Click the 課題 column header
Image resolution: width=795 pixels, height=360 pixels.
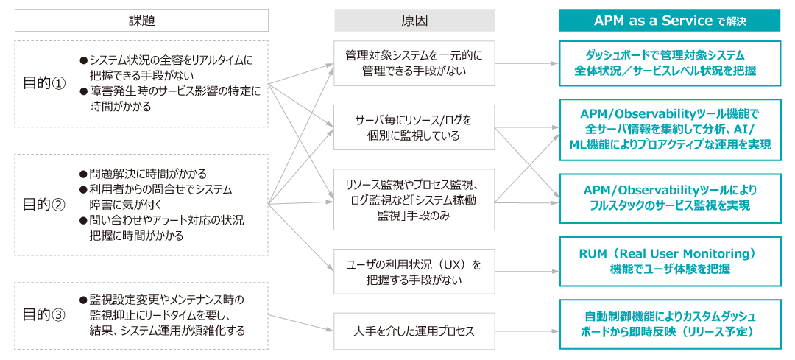pos(141,21)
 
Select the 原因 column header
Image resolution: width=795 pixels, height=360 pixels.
pos(414,21)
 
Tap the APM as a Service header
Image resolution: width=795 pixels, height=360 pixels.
pos(670,21)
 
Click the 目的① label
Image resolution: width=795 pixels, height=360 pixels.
pos(44,84)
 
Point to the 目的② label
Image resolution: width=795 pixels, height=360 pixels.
pos(44,205)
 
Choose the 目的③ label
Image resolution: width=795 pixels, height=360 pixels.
pos(44,315)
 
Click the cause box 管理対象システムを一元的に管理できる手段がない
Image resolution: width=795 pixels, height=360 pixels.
pos(414,63)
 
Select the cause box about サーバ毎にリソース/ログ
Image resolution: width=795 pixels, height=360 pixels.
pos(414,127)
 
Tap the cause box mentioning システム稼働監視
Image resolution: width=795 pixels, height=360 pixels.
pos(414,200)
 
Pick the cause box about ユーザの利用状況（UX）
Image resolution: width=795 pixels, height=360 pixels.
pos(414,271)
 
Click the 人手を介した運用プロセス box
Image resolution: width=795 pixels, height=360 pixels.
pos(414,331)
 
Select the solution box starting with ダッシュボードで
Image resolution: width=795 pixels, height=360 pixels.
pos(670,63)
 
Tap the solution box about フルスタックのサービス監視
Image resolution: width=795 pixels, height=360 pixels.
pos(670,198)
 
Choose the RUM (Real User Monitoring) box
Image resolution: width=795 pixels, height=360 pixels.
pos(670,261)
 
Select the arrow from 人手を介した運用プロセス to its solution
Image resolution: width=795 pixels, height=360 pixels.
pos(527,331)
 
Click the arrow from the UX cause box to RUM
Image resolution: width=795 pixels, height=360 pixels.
pos(527,271)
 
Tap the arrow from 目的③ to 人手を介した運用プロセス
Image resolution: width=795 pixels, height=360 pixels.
pos(301,323)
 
